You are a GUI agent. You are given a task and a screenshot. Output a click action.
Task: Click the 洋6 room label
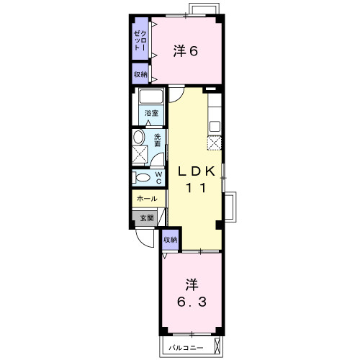click(x=186, y=51)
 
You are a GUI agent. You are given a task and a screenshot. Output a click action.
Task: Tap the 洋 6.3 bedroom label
click(x=192, y=293)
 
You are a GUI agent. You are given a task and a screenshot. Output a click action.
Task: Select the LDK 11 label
click(x=196, y=179)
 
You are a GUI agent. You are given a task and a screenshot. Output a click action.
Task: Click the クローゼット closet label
click(x=140, y=40)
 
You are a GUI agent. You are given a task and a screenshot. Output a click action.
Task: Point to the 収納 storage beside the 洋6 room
click(x=140, y=74)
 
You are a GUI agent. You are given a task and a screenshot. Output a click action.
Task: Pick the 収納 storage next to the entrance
click(x=170, y=240)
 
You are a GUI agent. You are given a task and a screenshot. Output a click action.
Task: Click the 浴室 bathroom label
click(x=151, y=113)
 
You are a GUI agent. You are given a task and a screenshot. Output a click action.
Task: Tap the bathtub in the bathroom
click(x=151, y=96)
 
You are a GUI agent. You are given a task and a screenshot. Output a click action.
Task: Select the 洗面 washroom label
click(x=158, y=140)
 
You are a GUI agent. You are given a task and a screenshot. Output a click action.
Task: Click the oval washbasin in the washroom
click(x=138, y=137)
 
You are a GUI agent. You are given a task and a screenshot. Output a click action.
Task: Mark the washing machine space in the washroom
click(x=140, y=154)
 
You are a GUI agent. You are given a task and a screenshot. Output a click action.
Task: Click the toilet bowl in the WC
click(x=143, y=178)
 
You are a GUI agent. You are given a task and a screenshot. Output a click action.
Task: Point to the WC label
click(x=158, y=178)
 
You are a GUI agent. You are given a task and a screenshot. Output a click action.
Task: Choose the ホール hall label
click(x=147, y=199)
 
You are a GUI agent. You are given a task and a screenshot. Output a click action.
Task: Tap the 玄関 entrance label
click(x=147, y=218)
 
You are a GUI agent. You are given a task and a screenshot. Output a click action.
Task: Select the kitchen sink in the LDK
click(x=215, y=126)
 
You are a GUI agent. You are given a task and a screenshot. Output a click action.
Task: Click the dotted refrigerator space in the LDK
click(x=214, y=143)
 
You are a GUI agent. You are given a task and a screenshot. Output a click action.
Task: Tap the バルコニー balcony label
click(x=186, y=348)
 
